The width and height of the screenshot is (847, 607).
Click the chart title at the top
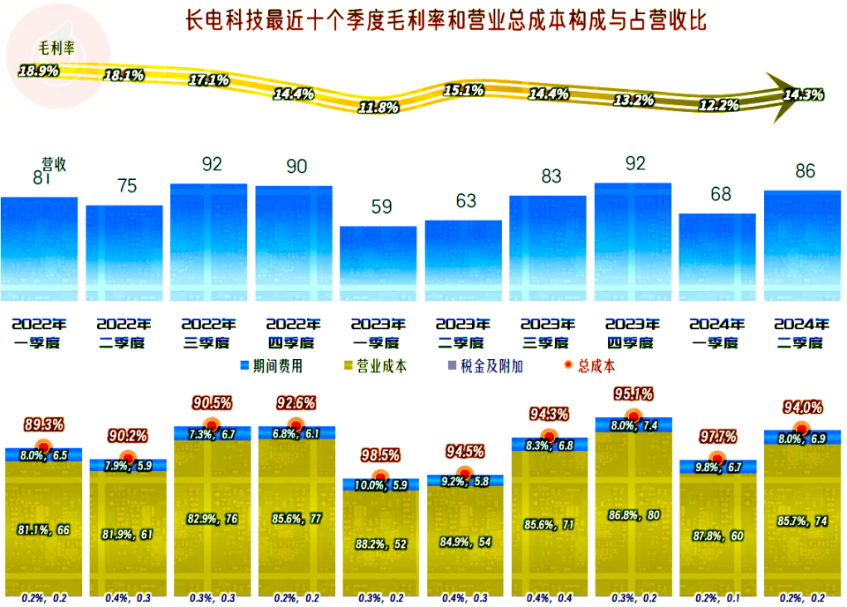click(446, 20)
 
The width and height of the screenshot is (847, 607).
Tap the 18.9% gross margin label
click(39, 70)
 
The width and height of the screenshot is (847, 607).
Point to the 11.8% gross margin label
click(379, 108)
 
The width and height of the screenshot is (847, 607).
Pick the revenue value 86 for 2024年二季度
click(805, 171)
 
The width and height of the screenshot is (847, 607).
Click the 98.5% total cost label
click(380, 456)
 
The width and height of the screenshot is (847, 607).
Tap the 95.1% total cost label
click(633, 393)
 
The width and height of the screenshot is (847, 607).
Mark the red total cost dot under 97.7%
click(717, 459)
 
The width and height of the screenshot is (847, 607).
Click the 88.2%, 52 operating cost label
click(379, 544)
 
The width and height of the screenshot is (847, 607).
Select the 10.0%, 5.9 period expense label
click(379, 484)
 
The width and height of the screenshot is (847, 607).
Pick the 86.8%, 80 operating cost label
click(633, 514)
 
